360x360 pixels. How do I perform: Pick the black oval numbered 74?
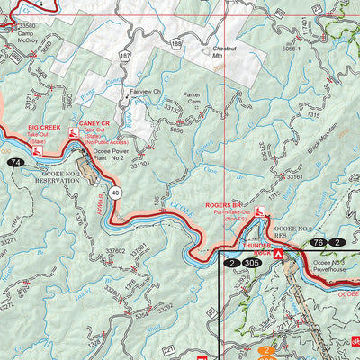(x=15, y=162)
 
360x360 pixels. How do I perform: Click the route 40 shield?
(x=116, y=192)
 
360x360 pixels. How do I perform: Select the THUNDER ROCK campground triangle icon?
(x=279, y=256)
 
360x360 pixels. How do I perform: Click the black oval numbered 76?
(x=318, y=242)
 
